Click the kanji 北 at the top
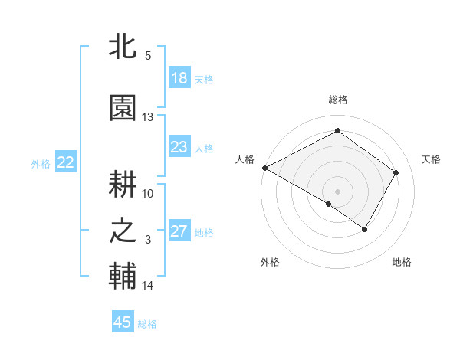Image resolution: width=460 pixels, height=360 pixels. click(123, 47)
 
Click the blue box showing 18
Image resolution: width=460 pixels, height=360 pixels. click(179, 78)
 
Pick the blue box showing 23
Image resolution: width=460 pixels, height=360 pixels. click(179, 147)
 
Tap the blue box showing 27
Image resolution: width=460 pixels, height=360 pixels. click(179, 231)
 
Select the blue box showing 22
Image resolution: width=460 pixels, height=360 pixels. click(66, 162)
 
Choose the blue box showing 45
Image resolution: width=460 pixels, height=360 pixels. click(123, 322)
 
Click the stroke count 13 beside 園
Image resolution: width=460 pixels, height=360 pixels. click(148, 117)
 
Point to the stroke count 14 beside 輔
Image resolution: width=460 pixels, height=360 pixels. click(148, 286)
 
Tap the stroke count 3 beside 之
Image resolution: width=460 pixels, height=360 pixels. click(148, 240)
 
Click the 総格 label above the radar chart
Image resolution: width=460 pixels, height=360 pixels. click(338, 100)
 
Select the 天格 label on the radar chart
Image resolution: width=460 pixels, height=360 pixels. click(431, 159)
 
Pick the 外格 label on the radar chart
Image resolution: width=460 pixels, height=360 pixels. click(270, 262)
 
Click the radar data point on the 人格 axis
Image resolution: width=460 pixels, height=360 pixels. click(264, 168)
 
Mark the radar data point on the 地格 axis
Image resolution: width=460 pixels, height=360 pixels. click(365, 229)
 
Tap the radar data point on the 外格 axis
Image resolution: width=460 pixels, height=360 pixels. click(329, 204)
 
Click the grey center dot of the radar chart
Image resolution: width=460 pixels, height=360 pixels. click(337, 191)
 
